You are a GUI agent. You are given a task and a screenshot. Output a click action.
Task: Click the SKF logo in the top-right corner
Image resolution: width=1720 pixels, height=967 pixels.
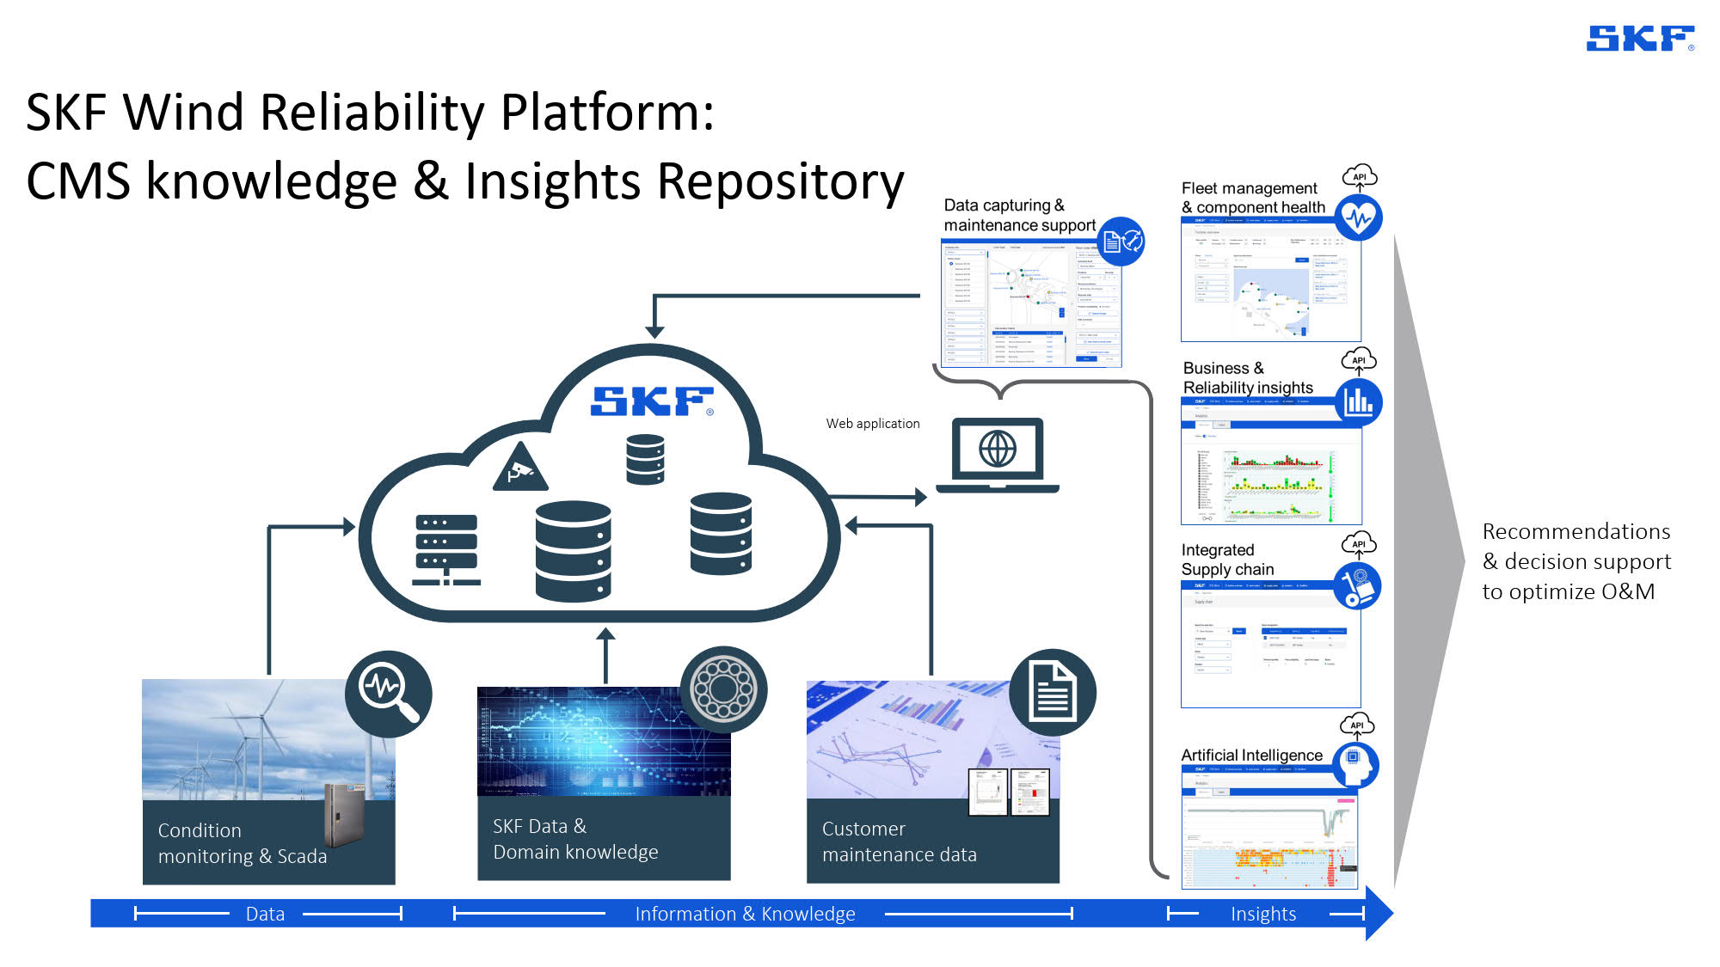point(1639,39)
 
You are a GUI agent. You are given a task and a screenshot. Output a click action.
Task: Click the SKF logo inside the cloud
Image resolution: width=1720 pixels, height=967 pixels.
point(652,401)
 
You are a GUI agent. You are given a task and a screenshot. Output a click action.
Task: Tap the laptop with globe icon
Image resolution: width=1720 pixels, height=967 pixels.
point(998,454)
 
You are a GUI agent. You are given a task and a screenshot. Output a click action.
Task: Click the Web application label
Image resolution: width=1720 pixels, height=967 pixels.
point(872,424)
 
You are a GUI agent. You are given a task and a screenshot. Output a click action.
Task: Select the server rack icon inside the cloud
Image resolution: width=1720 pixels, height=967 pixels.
point(445,550)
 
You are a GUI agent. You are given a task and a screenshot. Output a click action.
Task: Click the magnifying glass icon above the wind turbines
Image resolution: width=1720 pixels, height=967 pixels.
point(389,693)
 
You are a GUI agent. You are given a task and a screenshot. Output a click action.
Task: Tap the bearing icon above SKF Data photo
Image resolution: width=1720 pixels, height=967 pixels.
point(723,689)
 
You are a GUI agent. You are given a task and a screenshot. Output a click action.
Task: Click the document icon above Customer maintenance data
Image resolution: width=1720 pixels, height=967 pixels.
point(1052,692)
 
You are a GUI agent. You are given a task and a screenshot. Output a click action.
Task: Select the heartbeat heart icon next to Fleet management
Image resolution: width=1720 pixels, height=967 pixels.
point(1358,217)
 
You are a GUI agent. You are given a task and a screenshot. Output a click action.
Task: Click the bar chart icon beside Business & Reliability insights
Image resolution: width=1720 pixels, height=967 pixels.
point(1358,401)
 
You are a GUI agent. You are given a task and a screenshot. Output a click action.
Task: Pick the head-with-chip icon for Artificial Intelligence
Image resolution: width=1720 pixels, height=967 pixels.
point(1355,764)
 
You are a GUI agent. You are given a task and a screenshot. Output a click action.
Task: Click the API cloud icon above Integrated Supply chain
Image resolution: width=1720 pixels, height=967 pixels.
point(1359,543)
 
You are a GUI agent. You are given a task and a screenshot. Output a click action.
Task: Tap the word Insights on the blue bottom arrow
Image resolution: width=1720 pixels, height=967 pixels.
point(1262,914)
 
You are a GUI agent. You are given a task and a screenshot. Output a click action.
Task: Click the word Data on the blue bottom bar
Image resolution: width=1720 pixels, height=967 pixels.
point(265,914)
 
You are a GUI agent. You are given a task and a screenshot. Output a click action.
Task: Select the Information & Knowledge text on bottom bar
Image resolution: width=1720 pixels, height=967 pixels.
point(745,914)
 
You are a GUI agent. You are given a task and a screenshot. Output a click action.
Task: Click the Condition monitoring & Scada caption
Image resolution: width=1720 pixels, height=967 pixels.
point(242,843)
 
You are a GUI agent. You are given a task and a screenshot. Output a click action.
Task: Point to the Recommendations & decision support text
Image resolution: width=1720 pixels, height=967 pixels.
point(1576,561)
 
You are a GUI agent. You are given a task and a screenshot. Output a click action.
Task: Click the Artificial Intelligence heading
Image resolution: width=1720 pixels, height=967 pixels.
point(1251,755)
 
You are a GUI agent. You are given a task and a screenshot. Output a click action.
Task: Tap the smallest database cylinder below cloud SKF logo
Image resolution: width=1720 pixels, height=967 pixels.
point(645,459)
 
